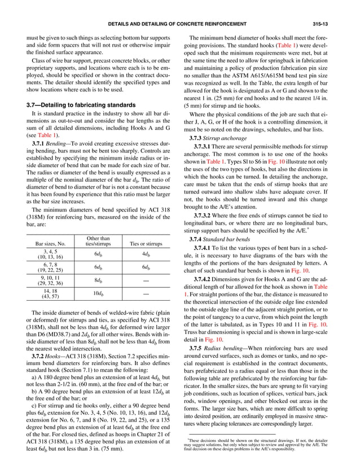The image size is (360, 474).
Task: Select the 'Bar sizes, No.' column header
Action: [x=45, y=243]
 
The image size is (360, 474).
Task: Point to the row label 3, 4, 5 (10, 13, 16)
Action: [x=45, y=254]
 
